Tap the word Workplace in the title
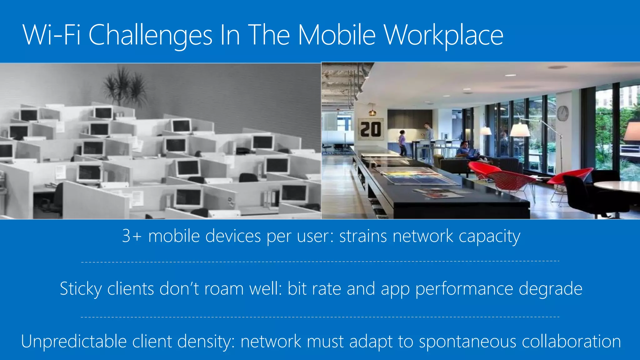coord(443,36)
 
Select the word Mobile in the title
coord(336,35)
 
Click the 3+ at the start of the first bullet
coord(131,236)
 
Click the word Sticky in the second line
coord(81,289)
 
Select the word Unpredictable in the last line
coord(74,341)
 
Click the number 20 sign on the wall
coord(371,129)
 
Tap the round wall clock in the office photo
coord(562,113)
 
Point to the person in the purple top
coord(402,143)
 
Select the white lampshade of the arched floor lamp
coord(520,130)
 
